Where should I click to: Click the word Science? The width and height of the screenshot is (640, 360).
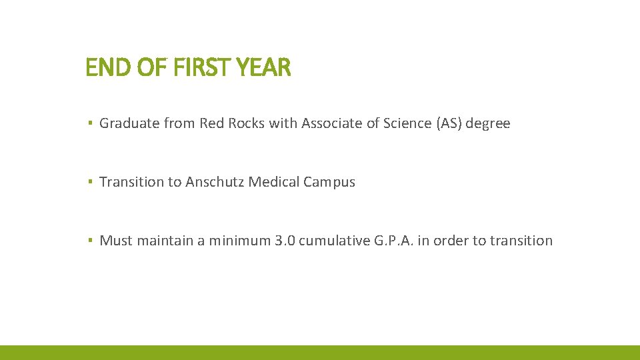[x=406, y=123]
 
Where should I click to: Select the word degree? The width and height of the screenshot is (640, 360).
[x=488, y=124]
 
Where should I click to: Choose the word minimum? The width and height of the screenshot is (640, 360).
[x=239, y=241]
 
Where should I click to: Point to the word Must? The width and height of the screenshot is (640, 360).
[x=116, y=241]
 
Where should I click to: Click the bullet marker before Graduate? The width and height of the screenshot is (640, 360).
[x=89, y=124]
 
